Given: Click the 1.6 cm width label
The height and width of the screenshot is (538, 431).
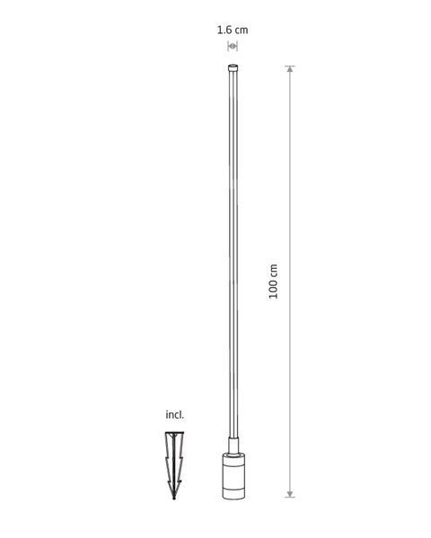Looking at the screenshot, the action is coord(233,30).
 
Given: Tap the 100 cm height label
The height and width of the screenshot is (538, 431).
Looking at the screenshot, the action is coord(273,282).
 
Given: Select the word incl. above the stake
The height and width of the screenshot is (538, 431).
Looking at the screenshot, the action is coord(174,415).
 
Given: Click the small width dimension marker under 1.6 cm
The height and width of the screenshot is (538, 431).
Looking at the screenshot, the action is coord(233,46).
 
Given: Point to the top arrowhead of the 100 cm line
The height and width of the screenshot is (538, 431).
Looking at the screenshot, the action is coord(290,69).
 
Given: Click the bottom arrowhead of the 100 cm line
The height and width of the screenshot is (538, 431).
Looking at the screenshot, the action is coord(290,494).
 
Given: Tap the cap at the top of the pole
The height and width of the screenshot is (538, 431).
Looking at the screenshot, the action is coord(233,67).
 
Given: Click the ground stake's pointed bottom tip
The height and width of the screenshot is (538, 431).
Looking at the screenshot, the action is coord(174,498).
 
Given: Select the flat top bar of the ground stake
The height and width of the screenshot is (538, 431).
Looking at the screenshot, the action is coord(174,433).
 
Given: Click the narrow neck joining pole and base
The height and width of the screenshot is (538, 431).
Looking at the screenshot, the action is coord(233,446).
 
